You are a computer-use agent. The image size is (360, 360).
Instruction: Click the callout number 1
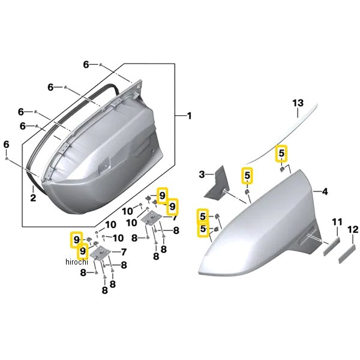pos(189,116)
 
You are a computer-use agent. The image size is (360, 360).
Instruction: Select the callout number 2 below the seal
pos(33,197)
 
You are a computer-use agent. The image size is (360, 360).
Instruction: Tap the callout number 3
pos(202,175)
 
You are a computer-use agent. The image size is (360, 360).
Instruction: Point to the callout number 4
pos(325,191)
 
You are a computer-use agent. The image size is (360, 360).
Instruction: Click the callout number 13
pos(298,103)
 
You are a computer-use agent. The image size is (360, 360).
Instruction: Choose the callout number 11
pos(337,222)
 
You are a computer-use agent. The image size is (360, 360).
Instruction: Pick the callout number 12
pos(353,229)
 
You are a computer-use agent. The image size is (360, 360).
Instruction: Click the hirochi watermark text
pos(77,262)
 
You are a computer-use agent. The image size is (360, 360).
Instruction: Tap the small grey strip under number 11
pos(332,246)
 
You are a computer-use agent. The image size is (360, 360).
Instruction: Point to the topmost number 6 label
pos(86,65)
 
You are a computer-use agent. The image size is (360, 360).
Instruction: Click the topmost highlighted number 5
pos(281,153)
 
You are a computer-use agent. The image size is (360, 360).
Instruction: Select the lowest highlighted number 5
pos(203,229)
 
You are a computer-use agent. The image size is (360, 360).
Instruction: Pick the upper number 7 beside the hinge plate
pos(175,217)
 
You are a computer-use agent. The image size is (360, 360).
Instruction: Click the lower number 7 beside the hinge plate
pos(124,252)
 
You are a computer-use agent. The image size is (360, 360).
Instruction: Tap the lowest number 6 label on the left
pos(6,145)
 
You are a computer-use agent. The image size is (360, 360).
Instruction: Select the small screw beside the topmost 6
pos(100,65)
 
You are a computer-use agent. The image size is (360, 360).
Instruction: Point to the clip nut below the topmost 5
pos(282,169)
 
